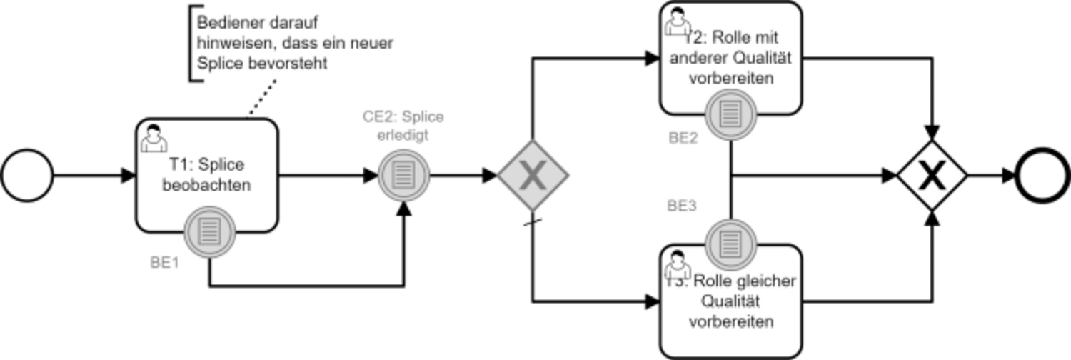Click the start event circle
(27, 176)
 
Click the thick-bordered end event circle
(1042, 176)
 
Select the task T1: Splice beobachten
(206, 176)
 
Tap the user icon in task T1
(154, 138)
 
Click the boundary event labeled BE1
(209, 232)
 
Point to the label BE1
(164, 262)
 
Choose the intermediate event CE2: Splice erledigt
(403, 176)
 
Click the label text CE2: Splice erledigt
(403, 126)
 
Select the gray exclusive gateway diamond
(533, 176)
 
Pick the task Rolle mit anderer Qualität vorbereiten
(731, 59)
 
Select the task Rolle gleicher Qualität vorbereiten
(731, 301)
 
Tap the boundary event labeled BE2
(731, 115)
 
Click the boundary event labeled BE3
(731, 245)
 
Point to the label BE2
(683, 138)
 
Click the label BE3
(682, 206)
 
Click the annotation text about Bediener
(295, 43)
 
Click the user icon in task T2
(678, 21)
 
